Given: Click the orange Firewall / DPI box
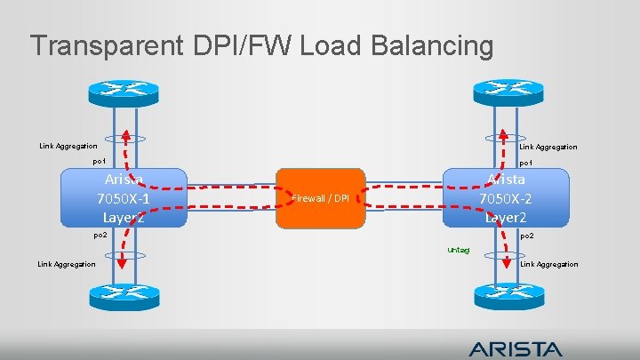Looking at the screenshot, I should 321,197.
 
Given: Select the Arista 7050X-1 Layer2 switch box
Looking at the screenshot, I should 123,197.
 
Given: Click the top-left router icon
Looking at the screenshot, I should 123,90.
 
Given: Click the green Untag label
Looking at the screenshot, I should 460,249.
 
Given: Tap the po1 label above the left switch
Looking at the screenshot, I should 100,162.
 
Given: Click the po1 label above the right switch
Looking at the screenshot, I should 525,163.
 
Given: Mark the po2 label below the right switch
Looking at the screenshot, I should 526,236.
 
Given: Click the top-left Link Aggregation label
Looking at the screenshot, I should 68,146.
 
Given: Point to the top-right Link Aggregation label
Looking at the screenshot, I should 548,147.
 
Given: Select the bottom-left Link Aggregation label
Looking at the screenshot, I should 67,264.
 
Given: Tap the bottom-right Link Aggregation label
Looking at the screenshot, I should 548,264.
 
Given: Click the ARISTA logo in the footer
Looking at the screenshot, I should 516,348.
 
